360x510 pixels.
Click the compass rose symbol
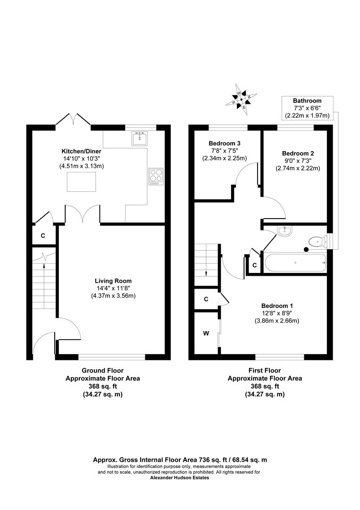[242, 99]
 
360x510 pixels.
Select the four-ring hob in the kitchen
[156, 177]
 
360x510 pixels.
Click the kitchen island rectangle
[82, 182]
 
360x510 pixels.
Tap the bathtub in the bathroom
[295, 263]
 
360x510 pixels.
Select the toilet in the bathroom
[317, 241]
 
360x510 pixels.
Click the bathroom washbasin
[285, 231]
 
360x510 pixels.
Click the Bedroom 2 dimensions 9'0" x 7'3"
[298, 161]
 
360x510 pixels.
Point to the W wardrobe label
[206, 333]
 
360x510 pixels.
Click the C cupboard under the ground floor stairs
[42, 235]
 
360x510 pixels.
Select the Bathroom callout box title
[307, 101]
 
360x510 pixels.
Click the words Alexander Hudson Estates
[179, 477]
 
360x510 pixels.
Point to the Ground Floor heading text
[102, 371]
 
